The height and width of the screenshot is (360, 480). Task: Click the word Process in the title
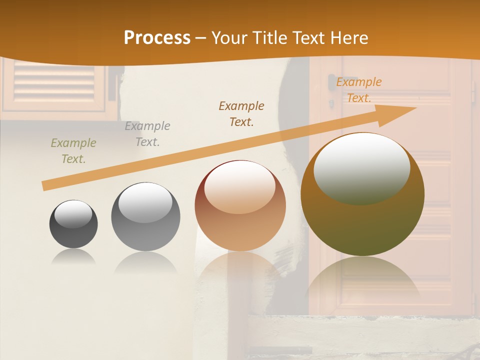point(157,38)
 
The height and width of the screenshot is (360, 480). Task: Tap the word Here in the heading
point(349,38)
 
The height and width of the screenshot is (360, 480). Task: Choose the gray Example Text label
point(147,134)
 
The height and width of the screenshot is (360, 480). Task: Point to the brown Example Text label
point(241,113)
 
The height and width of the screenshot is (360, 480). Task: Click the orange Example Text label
point(359,90)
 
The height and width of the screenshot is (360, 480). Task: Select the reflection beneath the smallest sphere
point(73,257)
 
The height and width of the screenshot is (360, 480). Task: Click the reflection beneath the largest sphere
point(362,280)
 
